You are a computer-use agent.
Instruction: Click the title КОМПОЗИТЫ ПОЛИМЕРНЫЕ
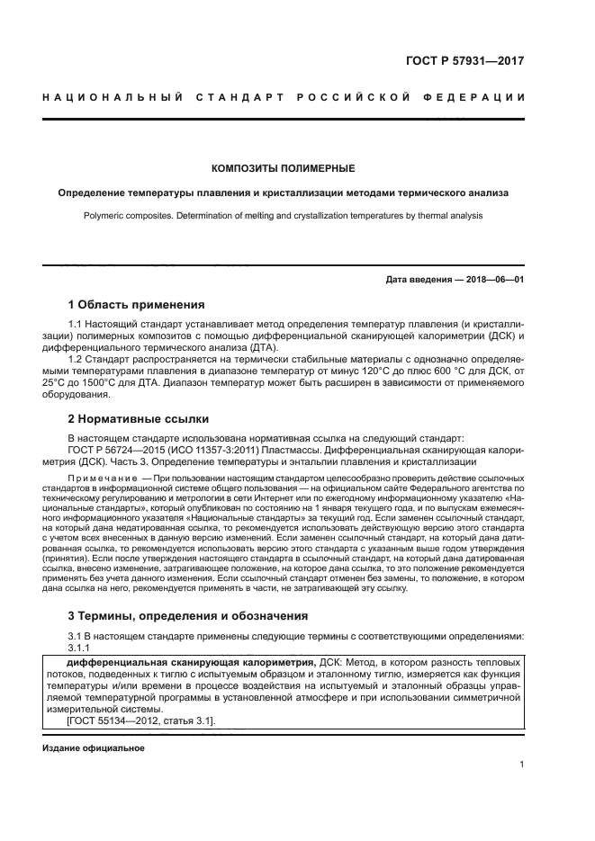pos(283,168)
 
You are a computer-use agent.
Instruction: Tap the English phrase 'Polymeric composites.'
pos(133,216)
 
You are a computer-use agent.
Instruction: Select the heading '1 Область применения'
pos(137,304)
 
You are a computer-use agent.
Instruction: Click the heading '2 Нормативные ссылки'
pos(139,418)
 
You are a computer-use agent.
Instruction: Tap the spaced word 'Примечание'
pos(101,476)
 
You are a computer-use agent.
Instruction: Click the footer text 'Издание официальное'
pos(93,748)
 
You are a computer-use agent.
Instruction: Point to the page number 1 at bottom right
pos(521,765)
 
